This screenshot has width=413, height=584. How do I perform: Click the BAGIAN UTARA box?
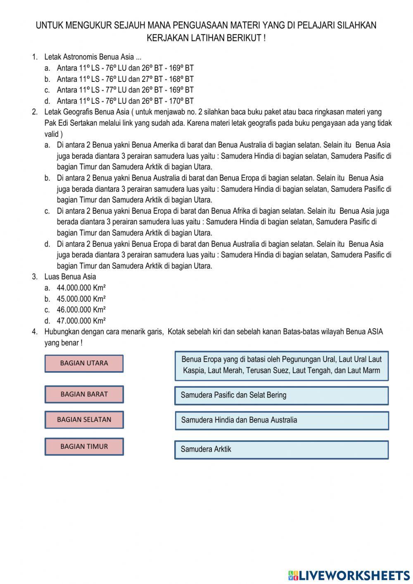click(84, 363)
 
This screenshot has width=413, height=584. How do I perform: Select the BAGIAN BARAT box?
click(84, 394)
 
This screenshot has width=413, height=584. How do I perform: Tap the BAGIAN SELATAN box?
click(84, 420)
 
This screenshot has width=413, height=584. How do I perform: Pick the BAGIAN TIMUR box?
click(84, 446)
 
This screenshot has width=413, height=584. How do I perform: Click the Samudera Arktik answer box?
click(281, 449)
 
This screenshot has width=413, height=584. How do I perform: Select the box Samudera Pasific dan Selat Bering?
click(281, 395)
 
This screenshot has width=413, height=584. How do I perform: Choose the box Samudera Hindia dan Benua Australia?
click(281, 420)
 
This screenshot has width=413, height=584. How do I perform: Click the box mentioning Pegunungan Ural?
click(281, 365)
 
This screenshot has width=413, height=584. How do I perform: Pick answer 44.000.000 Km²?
click(81, 288)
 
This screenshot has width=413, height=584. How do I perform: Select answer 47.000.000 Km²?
click(81, 321)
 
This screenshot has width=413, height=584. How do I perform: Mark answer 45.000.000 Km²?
click(81, 299)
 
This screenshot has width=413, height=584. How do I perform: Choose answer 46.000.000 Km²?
click(81, 310)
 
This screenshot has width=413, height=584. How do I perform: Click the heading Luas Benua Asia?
click(70, 277)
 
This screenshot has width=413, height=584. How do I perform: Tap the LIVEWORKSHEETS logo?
click(349, 575)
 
